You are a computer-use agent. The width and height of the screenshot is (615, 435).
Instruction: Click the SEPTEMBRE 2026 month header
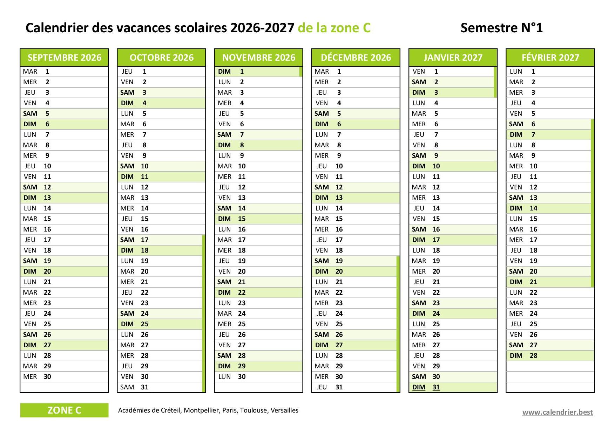point(64,58)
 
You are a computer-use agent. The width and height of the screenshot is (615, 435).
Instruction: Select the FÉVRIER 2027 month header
point(550,58)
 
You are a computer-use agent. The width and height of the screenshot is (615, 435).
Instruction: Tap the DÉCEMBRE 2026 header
point(356,58)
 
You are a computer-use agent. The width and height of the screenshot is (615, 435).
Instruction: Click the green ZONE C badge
point(64,410)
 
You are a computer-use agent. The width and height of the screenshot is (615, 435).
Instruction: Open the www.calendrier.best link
point(557,412)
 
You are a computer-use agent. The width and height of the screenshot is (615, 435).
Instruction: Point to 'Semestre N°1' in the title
point(501,28)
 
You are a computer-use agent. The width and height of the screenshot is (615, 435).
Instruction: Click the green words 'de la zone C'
point(334,28)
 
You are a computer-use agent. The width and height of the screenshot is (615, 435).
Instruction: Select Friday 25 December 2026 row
point(356,324)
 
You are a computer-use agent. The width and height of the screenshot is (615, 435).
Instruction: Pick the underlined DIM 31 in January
point(426,387)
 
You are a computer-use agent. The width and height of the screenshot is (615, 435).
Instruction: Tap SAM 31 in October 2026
point(161,387)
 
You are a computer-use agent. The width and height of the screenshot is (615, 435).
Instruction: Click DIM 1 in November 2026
point(258,71)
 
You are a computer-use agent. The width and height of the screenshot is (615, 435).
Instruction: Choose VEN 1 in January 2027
point(453,71)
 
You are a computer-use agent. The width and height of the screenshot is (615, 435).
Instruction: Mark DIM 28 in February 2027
point(550,355)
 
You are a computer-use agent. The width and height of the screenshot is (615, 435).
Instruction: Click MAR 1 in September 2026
point(64,71)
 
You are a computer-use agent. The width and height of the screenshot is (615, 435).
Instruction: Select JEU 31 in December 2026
point(356,387)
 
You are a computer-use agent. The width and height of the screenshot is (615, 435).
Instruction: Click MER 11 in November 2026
point(258,176)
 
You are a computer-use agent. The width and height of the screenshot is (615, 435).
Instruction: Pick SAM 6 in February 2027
point(550,124)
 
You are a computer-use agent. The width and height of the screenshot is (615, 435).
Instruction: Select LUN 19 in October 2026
point(161,261)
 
